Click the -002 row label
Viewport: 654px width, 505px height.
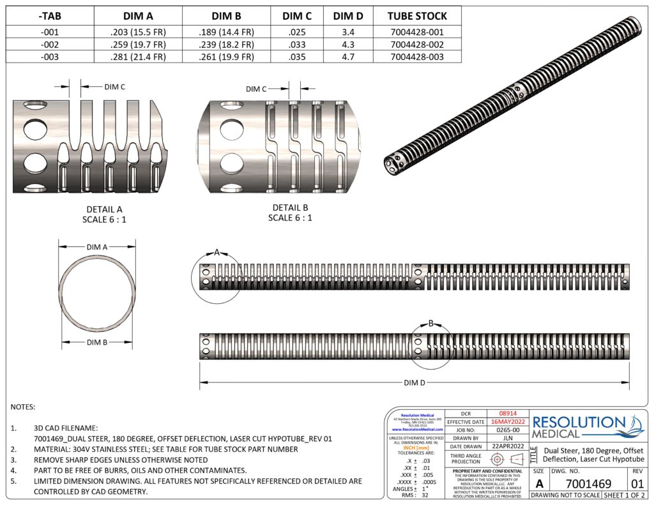coord(50,45)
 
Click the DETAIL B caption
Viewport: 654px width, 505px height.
coord(290,208)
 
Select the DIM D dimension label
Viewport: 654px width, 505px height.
coord(414,382)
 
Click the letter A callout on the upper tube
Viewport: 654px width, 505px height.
coord(217,253)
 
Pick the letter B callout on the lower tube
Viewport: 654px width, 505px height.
coord(430,324)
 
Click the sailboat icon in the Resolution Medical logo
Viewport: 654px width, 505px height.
coord(635,424)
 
